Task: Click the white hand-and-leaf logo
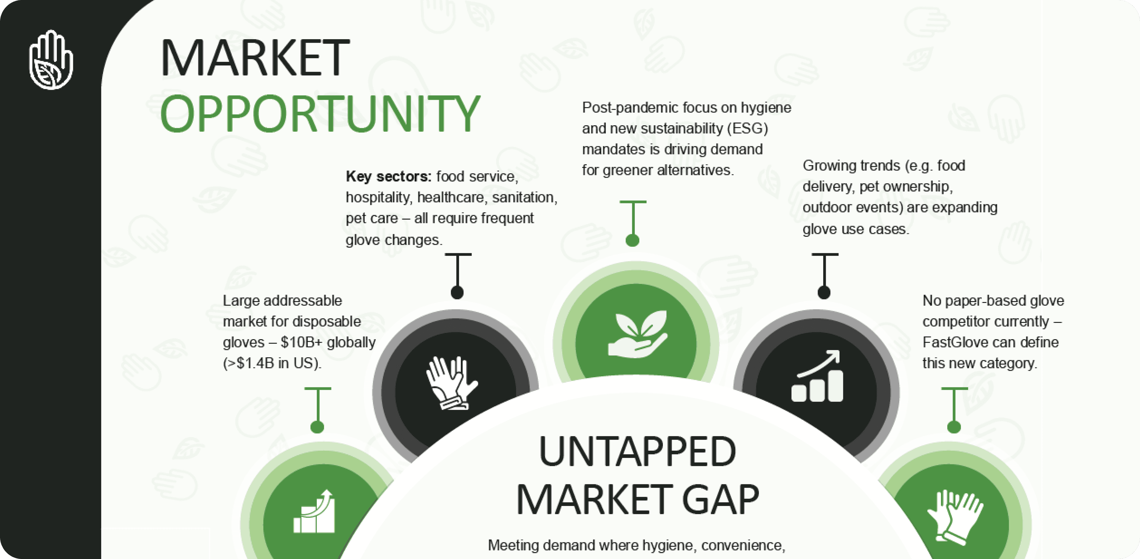point(51,60)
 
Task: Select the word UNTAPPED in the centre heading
point(637,451)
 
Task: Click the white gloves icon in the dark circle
point(451,383)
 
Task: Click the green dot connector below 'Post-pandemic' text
point(632,240)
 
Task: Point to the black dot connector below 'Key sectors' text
point(457,292)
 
